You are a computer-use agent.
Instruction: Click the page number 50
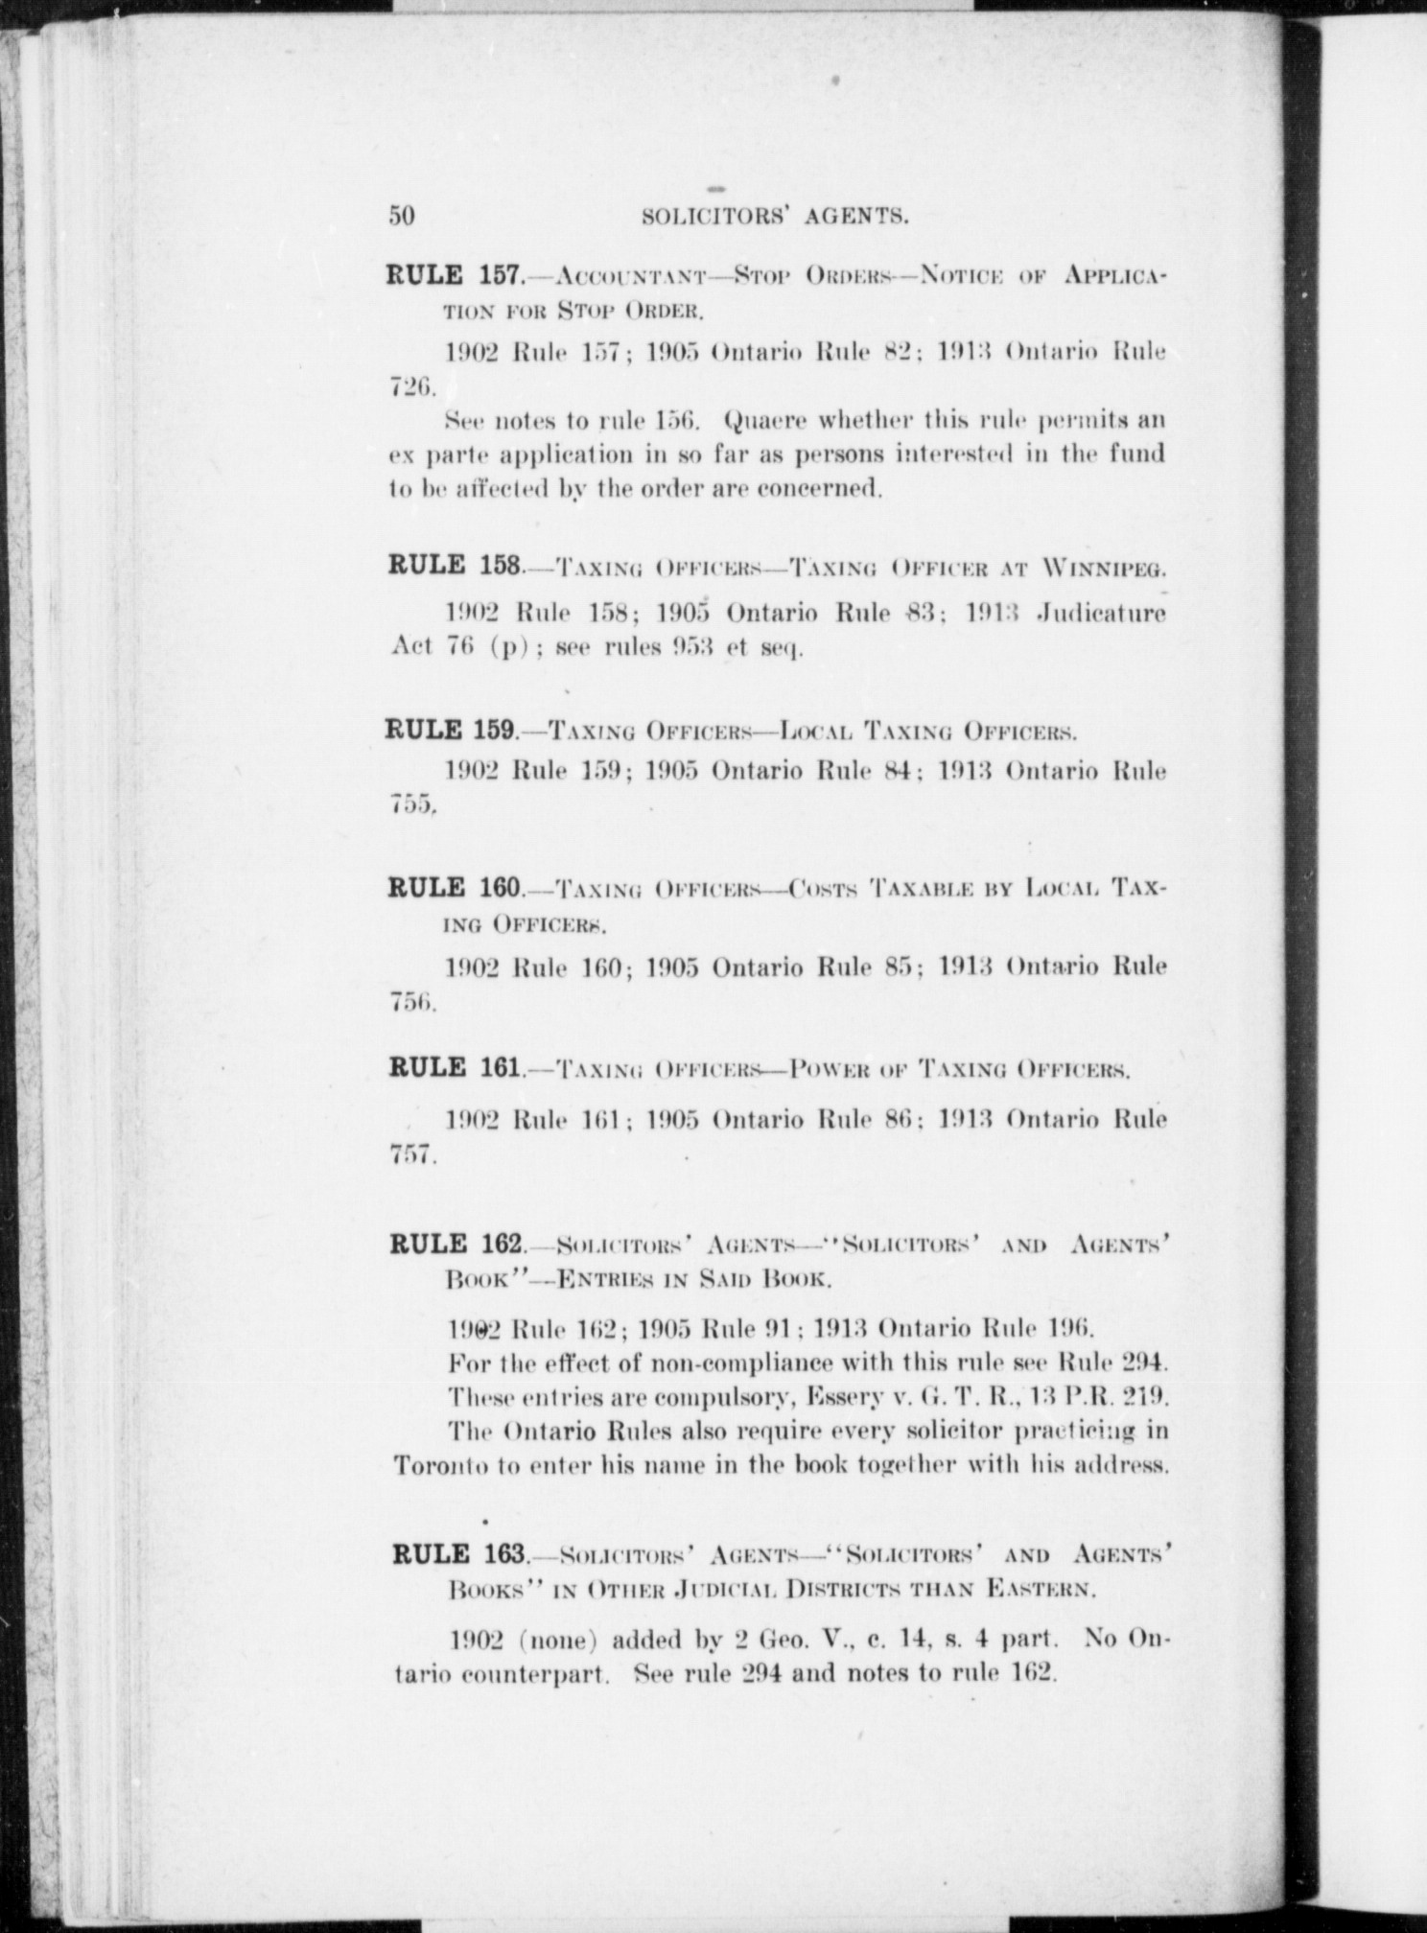(x=402, y=216)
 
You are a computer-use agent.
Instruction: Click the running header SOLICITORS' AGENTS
(x=775, y=217)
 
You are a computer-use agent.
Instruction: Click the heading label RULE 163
(x=459, y=1554)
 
